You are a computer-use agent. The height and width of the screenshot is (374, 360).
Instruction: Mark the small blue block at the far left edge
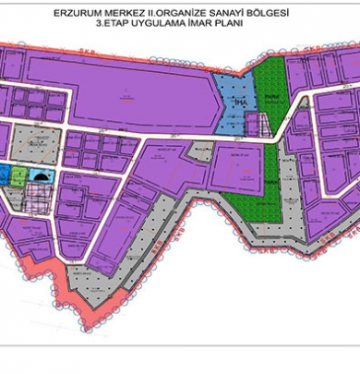pyautogui.click(x=4, y=172)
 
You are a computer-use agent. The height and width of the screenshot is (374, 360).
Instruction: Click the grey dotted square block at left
pyautogui.click(x=37, y=145)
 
